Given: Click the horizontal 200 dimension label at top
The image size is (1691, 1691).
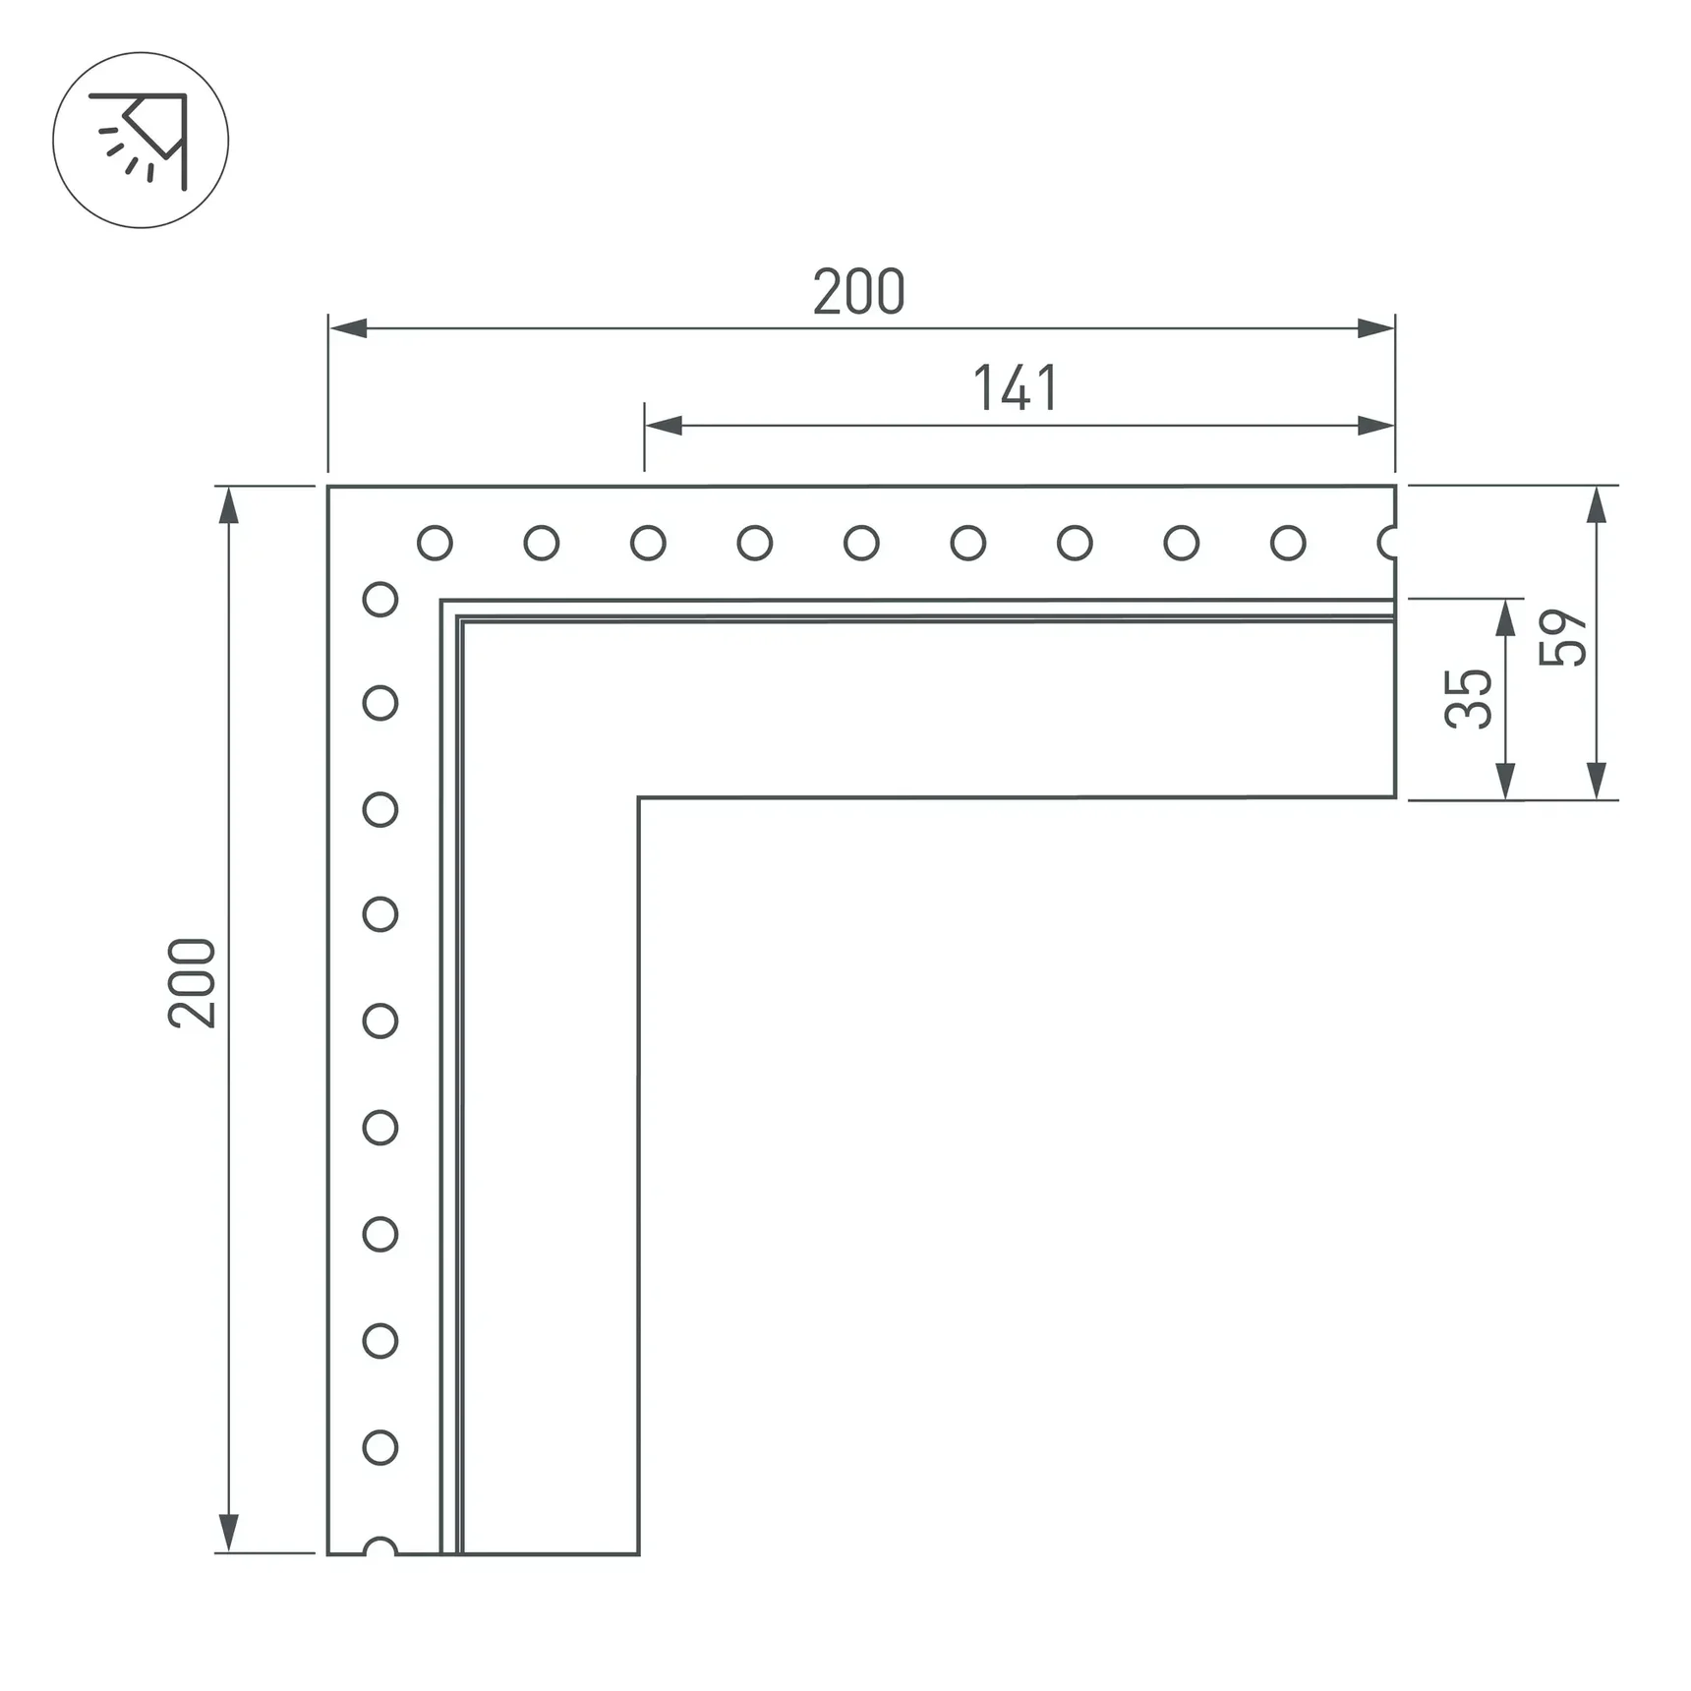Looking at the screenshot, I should coord(858,292).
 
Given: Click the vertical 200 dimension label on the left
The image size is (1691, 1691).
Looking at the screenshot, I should coord(192,983).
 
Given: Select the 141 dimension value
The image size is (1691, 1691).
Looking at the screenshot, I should coord(1015,388).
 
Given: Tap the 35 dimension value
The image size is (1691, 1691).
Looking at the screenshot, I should coord(1469,698).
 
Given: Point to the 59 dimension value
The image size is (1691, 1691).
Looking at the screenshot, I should coord(1563,638).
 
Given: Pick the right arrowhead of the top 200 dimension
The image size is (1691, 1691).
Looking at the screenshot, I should coord(1375,328).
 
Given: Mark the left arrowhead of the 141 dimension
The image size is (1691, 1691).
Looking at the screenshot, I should coord(664,426).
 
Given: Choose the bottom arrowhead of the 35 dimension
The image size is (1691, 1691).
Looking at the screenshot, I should coord(1505,781).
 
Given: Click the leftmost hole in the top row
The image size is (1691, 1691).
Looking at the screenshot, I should coord(435,543).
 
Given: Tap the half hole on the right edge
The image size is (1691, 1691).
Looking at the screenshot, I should coord(1388,543).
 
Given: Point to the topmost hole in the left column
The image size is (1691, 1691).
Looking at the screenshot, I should coord(380,600).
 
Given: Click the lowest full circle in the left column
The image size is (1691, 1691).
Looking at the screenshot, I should coord(380,1447).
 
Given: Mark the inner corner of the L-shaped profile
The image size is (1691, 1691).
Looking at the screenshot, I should coord(639,797).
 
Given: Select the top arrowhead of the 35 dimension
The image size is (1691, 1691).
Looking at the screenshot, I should coord(1505,617).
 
